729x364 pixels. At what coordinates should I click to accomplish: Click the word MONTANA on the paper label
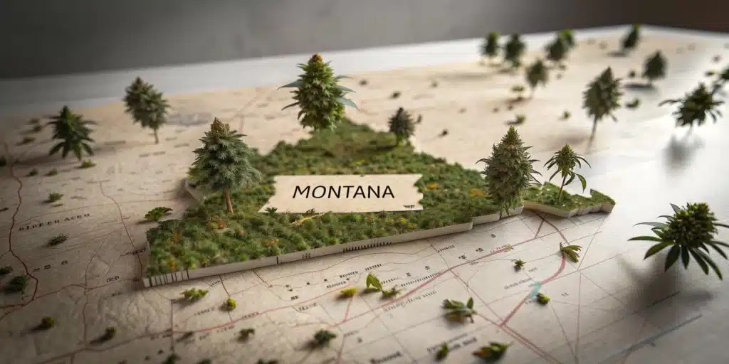coord(343,192)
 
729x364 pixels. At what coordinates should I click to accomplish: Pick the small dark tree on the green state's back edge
coord(402,124)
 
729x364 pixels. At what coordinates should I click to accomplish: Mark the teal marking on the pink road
coord(535,288)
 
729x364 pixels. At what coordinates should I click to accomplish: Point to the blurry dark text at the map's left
coord(43,225)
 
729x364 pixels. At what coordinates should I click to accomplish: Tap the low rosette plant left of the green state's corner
coord(158,213)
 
